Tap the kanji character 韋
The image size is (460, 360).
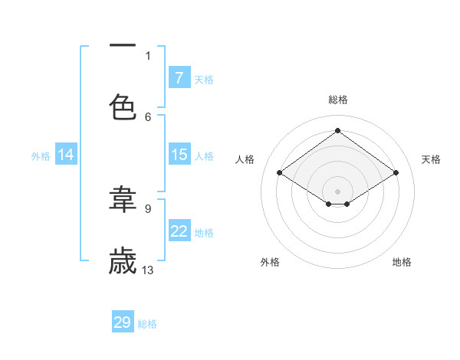tap(123, 199)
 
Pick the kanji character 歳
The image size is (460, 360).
tap(123, 261)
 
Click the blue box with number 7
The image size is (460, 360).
tap(179, 78)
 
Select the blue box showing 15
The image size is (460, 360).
tap(179, 155)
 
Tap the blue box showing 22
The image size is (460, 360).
tap(179, 231)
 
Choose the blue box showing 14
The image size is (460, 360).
tap(66, 155)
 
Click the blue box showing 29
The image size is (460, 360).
tap(123, 322)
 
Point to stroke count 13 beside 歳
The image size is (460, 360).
tap(148, 270)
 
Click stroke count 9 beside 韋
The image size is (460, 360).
tap(148, 208)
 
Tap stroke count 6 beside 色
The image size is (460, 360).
tap(148, 116)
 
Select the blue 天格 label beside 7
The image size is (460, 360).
tap(204, 79)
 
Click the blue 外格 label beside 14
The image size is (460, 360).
tap(41, 155)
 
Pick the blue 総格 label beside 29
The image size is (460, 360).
tap(147, 323)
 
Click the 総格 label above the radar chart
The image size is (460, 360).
tap(337, 100)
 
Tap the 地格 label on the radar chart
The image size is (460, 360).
tap(402, 262)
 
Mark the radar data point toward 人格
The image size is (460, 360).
tap(279, 173)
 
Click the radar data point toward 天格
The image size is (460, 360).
tap(396, 173)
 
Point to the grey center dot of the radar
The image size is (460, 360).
tap(337, 191)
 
